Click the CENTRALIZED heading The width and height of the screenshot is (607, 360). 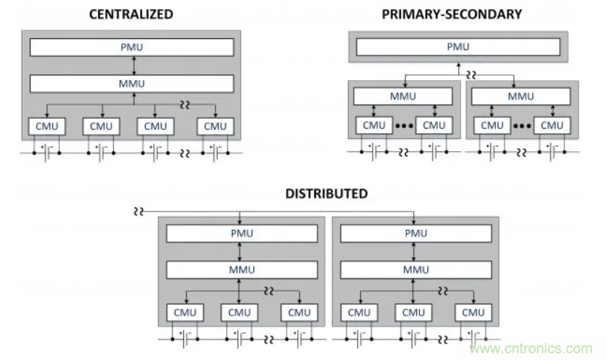[131, 14]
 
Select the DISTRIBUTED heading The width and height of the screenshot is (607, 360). [326, 193]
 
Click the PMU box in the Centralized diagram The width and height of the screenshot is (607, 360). [131, 47]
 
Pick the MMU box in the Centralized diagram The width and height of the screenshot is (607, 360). [131, 83]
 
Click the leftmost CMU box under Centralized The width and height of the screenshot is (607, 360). [47, 126]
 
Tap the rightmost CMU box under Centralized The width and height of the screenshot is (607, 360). [215, 126]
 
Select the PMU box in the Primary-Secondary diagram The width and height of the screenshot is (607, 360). [457, 47]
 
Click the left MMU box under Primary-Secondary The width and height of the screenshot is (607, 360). [403, 96]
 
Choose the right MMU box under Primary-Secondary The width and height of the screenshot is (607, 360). [521, 96]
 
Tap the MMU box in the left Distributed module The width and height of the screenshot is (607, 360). [239, 269]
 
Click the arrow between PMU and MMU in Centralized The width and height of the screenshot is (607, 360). [132, 65]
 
